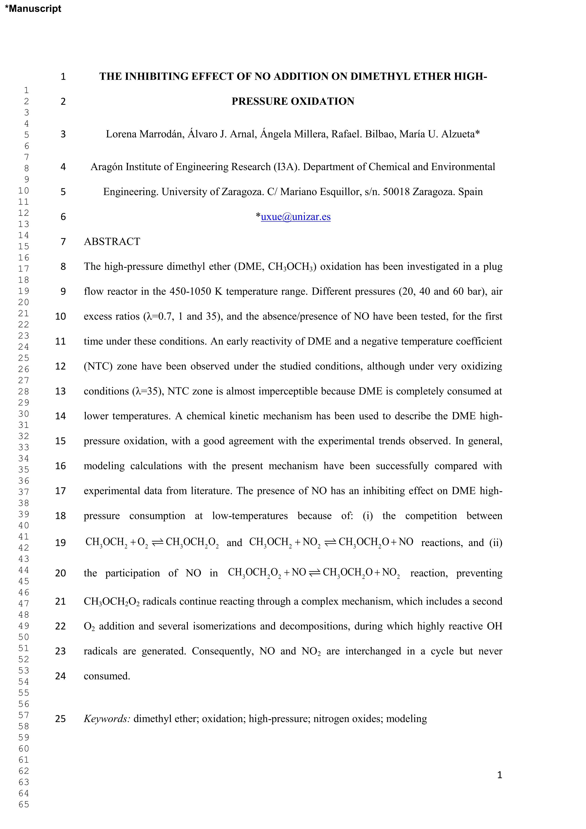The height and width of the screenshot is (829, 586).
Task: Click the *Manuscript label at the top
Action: (x=33, y=9)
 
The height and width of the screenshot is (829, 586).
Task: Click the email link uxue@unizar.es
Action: (x=296, y=217)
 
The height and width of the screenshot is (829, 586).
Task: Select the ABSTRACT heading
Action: (x=112, y=242)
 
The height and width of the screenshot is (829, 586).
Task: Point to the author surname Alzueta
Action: (x=459, y=134)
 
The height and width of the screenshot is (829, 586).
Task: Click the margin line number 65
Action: (x=24, y=804)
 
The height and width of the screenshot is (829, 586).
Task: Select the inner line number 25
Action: (x=60, y=719)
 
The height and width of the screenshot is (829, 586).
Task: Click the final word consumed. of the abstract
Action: (x=107, y=676)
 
